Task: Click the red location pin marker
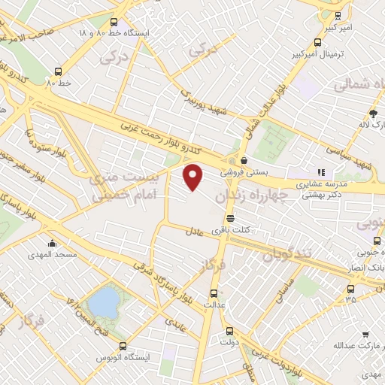tap(193, 177)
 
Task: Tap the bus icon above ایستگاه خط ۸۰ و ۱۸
tap(114, 23)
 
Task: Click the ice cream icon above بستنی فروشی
tap(245, 159)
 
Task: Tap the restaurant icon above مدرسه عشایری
tap(321, 172)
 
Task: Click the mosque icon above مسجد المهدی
tap(51, 243)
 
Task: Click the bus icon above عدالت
tap(213, 293)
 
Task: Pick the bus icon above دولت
tap(230, 330)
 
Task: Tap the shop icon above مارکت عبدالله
tap(365, 334)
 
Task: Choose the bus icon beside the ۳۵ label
tap(350, 287)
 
